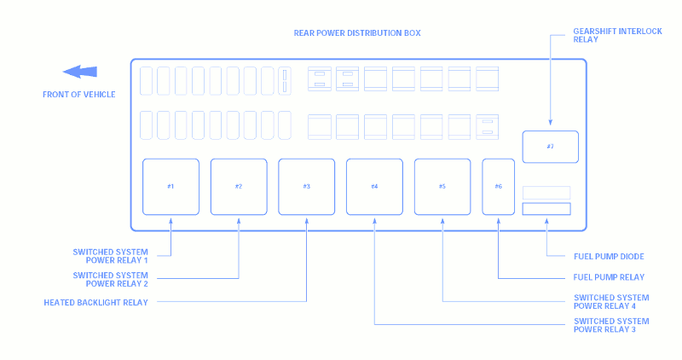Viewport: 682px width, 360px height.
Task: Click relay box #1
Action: tap(171, 187)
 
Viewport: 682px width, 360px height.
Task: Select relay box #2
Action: tap(239, 187)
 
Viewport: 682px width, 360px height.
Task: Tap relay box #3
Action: tap(307, 187)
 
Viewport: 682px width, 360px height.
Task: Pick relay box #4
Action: tap(374, 187)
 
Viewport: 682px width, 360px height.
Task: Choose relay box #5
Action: tap(442, 187)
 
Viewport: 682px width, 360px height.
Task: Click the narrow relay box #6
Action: tap(499, 187)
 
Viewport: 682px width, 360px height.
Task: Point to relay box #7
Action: tap(550, 147)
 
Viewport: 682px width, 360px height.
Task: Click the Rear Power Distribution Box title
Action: tap(357, 33)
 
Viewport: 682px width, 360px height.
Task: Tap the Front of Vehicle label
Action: tap(79, 95)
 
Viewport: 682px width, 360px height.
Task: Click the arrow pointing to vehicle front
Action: tap(80, 72)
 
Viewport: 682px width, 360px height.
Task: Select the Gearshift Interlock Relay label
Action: tap(617, 35)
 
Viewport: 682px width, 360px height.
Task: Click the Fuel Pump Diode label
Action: tap(609, 257)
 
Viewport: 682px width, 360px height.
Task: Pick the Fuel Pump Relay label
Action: tap(609, 277)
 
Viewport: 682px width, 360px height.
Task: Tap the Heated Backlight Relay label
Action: tap(95, 303)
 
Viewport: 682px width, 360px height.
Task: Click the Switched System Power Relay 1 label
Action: tap(111, 256)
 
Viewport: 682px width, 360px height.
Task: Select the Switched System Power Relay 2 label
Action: tap(111, 280)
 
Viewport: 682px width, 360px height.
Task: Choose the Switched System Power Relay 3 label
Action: tap(611, 325)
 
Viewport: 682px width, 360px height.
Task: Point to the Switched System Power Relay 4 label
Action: tap(611, 302)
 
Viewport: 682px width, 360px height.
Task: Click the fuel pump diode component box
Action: tap(546, 209)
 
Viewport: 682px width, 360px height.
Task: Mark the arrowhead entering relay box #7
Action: tap(550, 123)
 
